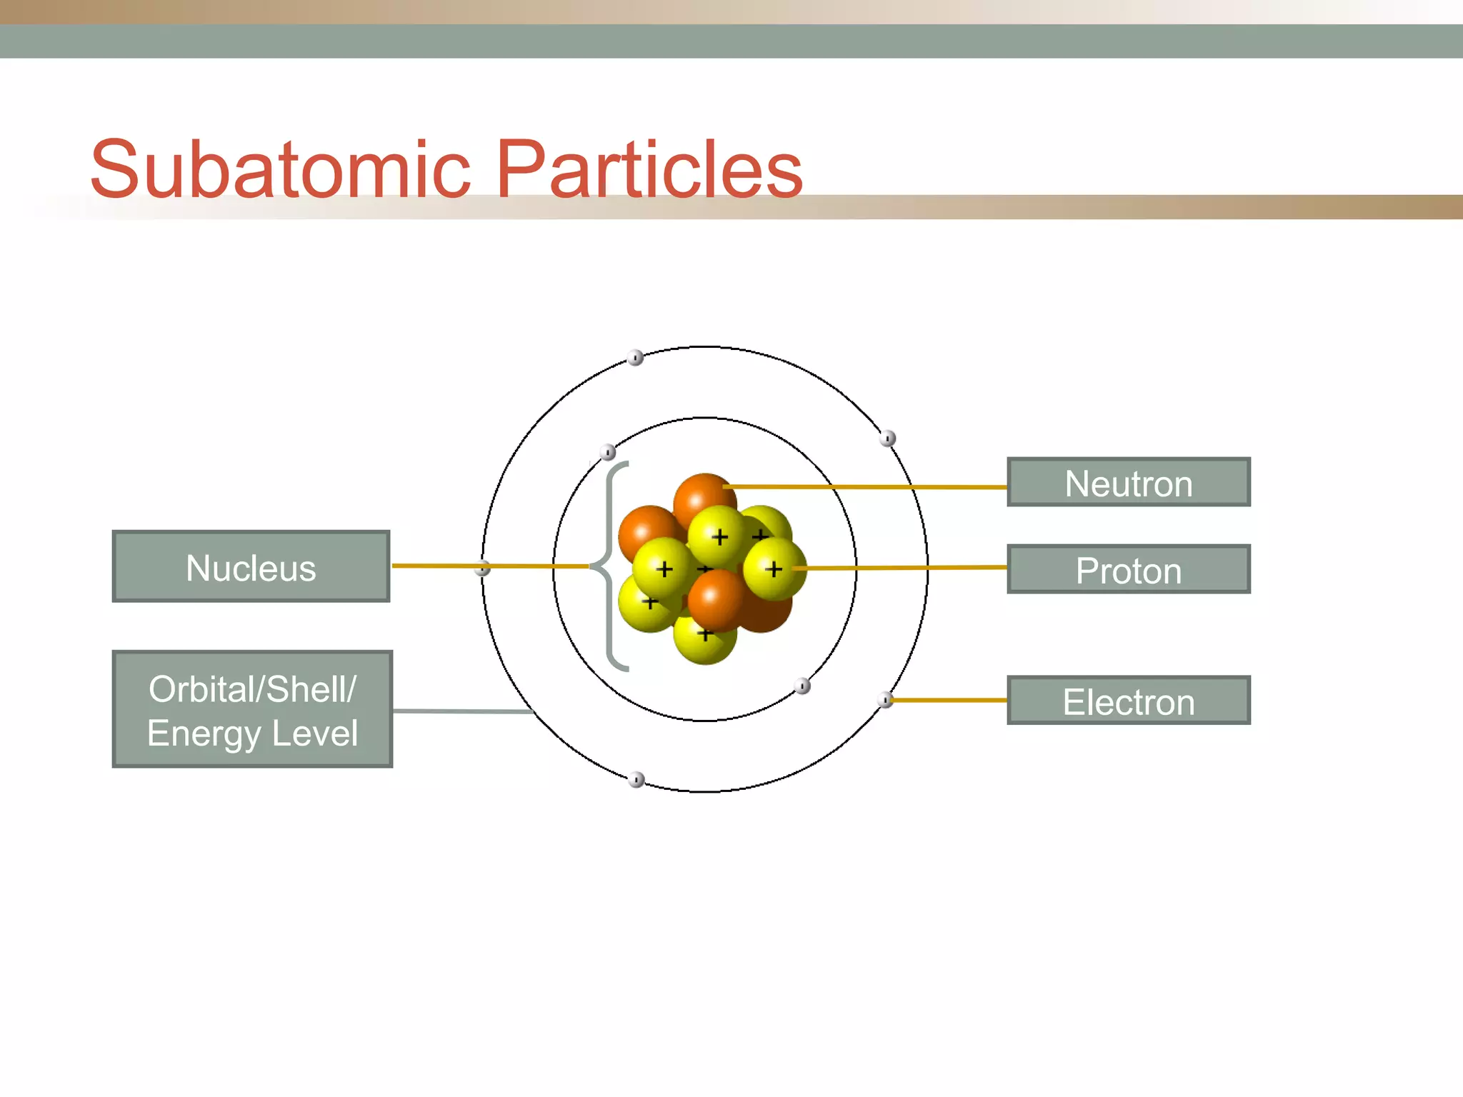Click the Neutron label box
(1128, 483)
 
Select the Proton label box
(1128, 570)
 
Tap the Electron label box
(1128, 701)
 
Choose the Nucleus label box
(251, 567)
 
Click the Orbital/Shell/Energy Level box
(252, 710)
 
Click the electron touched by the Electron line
(885, 699)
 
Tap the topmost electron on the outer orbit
(635, 357)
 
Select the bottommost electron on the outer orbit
(636, 779)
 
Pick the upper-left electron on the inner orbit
(607, 451)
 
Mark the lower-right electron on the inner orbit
(802, 686)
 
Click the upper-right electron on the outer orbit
(887, 438)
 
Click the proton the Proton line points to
(774, 568)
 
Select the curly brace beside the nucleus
(609, 566)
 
